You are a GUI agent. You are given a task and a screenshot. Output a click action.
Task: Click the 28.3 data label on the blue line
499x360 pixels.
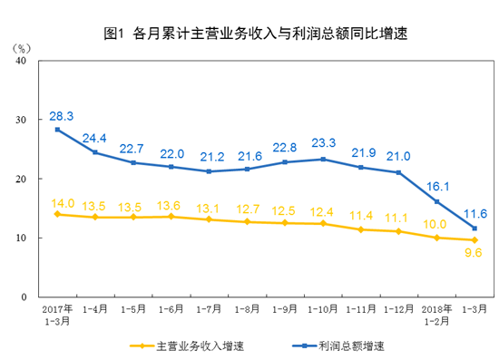[62, 116]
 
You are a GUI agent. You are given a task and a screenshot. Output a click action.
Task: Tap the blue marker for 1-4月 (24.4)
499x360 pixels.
[95, 152]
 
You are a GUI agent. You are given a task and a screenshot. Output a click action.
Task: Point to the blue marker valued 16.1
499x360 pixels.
[437, 201]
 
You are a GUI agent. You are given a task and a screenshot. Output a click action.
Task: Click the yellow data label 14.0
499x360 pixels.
[62, 202]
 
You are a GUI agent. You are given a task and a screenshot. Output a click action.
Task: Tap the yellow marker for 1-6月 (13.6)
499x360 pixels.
[171, 217]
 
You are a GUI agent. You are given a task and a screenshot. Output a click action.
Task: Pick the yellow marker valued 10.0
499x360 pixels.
[437, 238]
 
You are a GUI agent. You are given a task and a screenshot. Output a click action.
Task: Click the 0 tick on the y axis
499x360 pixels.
[25, 297]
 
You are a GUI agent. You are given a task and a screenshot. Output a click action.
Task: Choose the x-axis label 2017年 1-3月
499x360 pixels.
[58, 314]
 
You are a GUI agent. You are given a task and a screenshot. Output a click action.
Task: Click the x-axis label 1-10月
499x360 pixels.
[323, 309]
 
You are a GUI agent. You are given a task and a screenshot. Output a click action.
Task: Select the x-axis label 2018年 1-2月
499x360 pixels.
[437, 314]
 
